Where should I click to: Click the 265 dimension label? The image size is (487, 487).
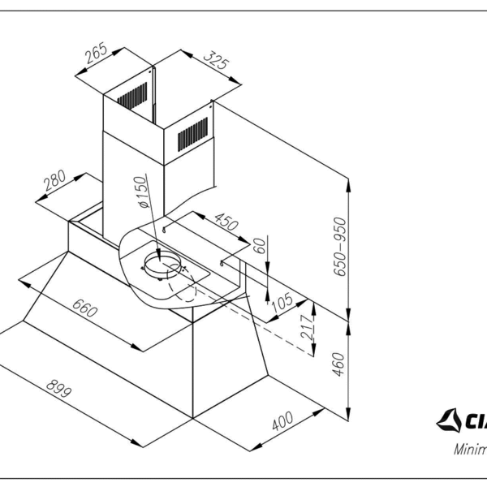[x=96, y=54]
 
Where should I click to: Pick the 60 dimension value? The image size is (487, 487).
[x=261, y=246]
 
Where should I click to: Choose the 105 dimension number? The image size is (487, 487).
[x=282, y=302]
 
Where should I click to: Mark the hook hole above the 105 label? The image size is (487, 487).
[x=223, y=265]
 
